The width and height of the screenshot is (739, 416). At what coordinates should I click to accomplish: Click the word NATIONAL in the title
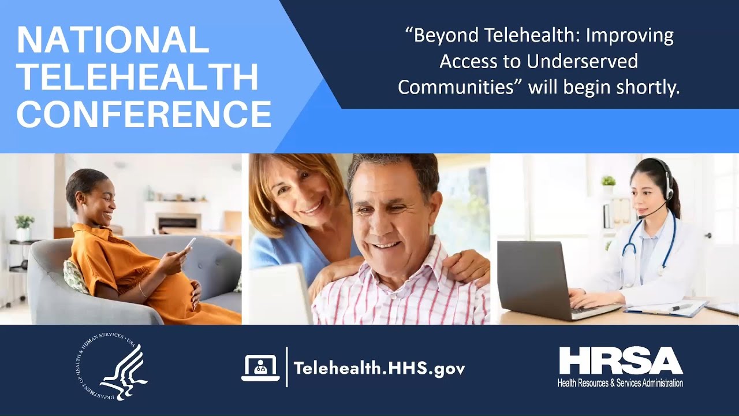pyautogui.click(x=113, y=40)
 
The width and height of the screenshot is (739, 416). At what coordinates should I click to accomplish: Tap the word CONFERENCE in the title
pyautogui.click(x=144, y=114)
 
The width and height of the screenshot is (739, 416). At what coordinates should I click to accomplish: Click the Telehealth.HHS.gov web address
pyautogui.click(x=379, y=368)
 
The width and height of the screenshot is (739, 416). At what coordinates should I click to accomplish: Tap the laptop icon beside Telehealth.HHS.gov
pyautogui.click(x=260, y=368)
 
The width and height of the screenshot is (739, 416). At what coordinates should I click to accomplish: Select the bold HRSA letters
pyautogui.click(x=621, y=362)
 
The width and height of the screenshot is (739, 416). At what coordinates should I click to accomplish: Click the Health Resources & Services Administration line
pyautogui.click(x=620, y=383)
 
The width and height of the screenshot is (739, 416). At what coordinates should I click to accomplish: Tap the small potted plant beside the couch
pyautogui.click(x=24, y=228)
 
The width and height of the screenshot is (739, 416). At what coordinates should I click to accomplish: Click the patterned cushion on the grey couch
pyautogui.click(x=75, y=276)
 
